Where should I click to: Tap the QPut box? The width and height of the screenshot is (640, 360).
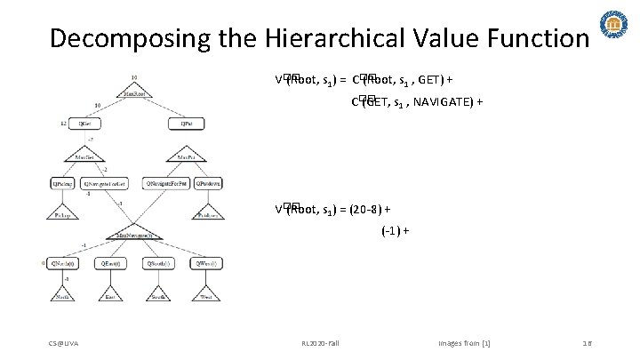tap(187, 124)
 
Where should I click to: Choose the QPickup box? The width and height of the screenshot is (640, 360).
tap(63, 183)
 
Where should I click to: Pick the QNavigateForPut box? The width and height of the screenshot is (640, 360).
tap(164, 183)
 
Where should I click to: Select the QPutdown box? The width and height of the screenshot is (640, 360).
tap(209, 183)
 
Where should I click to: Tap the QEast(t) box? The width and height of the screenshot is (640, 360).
tap(112, 264)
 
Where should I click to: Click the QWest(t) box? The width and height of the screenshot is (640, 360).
tap(207, 264)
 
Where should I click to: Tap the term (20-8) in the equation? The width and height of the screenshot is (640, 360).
tap(371, 210)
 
